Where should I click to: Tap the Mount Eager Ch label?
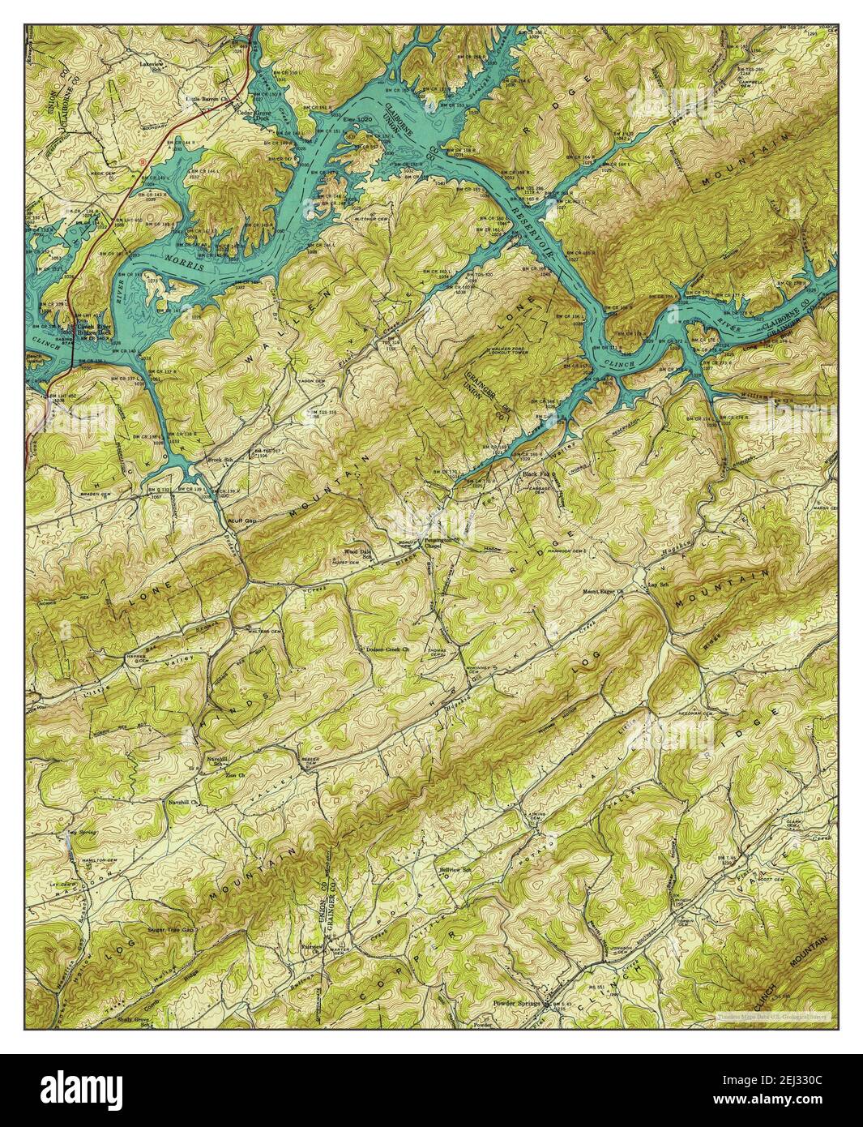[x=603, y=592]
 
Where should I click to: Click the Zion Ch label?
[x=213, y=776]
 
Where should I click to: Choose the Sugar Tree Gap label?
[x=173, y=929]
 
